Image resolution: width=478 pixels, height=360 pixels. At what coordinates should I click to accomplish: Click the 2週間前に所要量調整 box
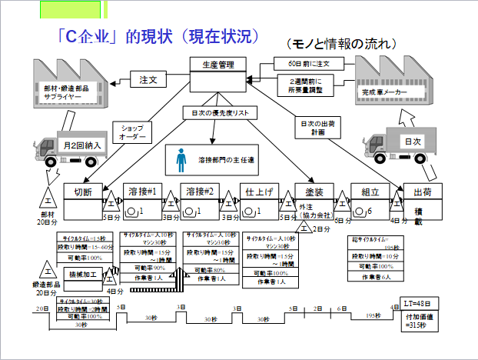306,85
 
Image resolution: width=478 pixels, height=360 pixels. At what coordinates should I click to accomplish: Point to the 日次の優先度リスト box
217,113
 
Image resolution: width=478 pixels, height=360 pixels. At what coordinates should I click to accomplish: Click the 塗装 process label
313,192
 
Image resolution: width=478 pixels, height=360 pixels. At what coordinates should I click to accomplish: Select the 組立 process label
370,192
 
